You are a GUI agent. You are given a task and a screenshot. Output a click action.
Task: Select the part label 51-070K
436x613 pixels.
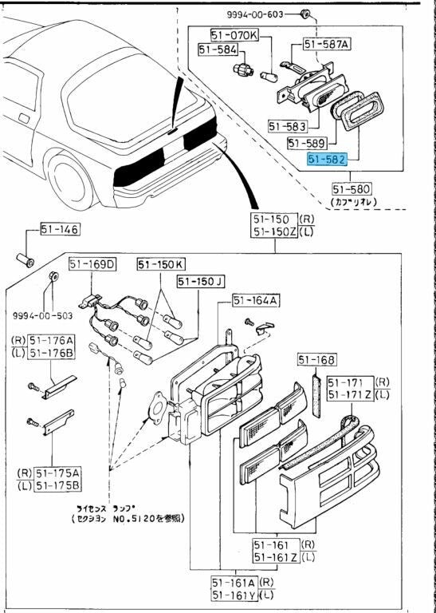[x=234, y=35]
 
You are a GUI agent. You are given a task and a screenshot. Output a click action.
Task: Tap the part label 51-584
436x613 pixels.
[x=217, y=49]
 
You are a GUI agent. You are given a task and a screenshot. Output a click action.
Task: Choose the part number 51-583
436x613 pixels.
[x=288, y=125]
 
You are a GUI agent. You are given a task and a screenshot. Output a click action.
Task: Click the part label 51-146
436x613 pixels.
[x=60, y=231]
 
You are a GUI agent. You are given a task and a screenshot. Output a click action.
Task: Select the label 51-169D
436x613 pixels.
[x=92, y=264]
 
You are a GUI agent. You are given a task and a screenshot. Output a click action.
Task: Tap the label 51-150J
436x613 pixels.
[x=201, y=281]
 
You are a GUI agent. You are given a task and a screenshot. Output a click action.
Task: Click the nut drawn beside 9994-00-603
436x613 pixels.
[x=305, y=14]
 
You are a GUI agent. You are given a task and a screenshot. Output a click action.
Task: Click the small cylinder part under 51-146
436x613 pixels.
[x=26, y=259]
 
